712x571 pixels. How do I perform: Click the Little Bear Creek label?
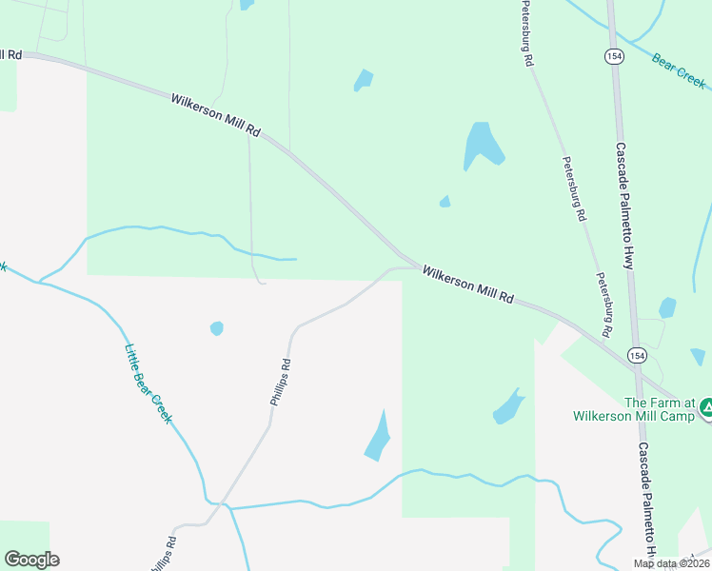click(x=148, y=383)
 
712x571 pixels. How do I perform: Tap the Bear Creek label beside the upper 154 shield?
click(x=679, y=70)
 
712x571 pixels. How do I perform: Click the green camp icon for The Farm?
click(x=706, y=409)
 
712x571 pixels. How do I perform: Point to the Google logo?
click(x=31, y=560)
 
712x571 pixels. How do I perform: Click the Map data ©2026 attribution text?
click(x=672, y=562)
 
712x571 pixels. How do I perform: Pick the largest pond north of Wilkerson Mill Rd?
click(x=483, y=145)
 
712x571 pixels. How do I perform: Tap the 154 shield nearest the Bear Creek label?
click(x=613, y=57)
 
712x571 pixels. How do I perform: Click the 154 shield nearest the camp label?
click(x=635, y=355)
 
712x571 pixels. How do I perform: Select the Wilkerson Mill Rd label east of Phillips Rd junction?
click(x=468, y=285)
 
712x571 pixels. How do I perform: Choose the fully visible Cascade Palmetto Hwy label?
click(x=623, y=206)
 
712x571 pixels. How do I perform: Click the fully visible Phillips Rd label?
click(x=279, y=383)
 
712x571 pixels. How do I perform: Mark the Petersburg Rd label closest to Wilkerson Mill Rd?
click(x=603, y=305)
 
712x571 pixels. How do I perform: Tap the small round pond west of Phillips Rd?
click(x=217, y=328)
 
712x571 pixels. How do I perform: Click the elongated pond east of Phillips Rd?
click(x=378, y=438)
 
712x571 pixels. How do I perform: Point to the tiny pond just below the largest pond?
click(x=445, y=201)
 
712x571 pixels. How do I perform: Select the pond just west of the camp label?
click(x=508, y=408)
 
